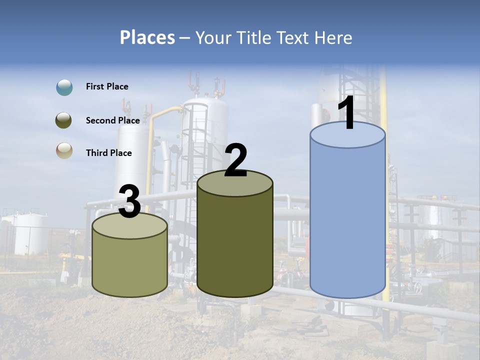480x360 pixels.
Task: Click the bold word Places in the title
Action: (147, 37)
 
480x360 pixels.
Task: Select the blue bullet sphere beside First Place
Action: (64, 87)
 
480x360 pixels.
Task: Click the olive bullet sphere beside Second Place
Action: (64, 120)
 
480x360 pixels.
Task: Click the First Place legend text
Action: (107, 86)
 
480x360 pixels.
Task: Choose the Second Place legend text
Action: (112, 120)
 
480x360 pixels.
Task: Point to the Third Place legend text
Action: (109, 153)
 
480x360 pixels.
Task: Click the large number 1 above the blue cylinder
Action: (347, 114)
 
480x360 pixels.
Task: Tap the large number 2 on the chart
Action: (235, 160)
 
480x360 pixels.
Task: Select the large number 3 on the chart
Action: (129, 201)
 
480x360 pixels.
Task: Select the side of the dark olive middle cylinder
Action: (235, 245)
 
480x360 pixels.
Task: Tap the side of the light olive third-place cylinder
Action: (130, 265)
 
